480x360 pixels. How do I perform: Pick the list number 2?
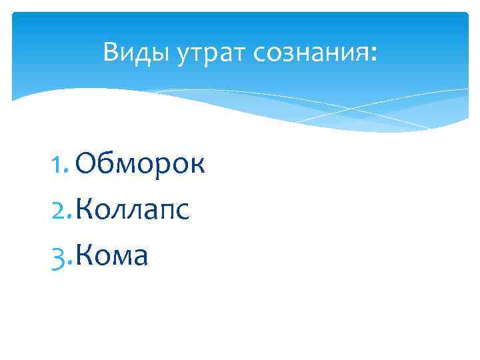[x=60, y=211]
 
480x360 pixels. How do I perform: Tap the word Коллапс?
[x=133, y=211]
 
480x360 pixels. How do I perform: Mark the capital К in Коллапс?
[x=85, y=211]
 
